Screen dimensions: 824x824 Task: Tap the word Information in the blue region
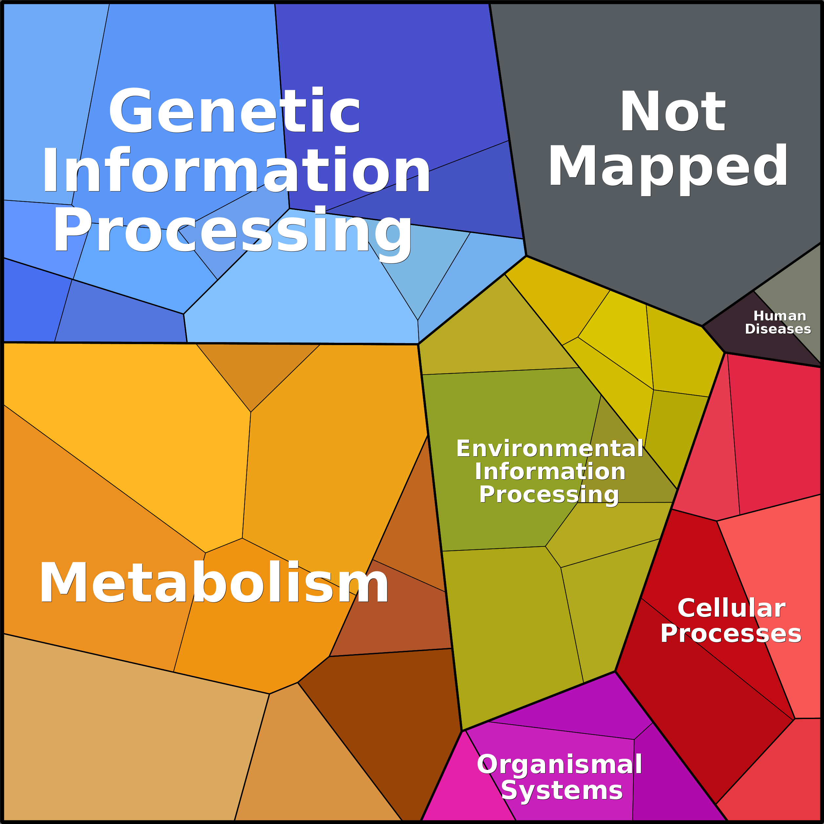point(236,171)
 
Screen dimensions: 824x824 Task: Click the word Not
point(672,112)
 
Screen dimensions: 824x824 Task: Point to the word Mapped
point(668,167)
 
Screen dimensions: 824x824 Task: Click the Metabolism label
point(214,583)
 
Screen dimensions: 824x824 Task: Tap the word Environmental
point(550,449)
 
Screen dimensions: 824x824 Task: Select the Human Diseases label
point(778,322)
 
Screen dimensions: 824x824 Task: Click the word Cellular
point(731,608)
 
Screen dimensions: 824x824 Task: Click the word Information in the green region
point(550,471)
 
